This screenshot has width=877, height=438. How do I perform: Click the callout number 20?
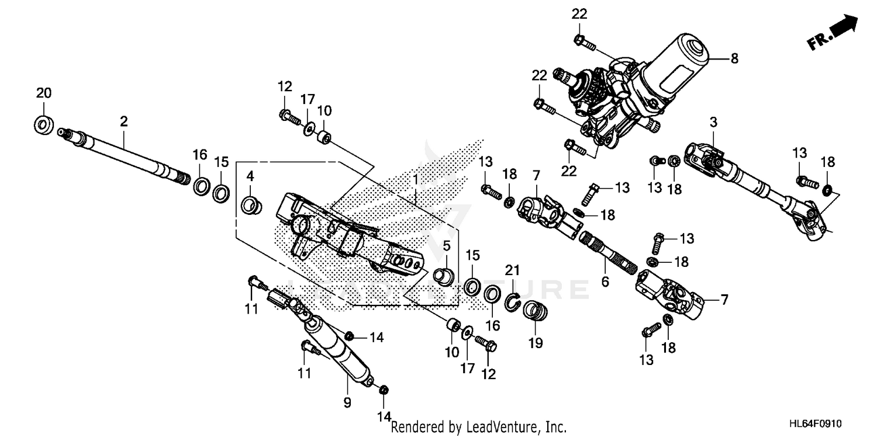pos(44,93)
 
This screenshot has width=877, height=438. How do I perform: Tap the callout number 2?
pos(123,121)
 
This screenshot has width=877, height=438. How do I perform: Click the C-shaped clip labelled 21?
pos(512,301)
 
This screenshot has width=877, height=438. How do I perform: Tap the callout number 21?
pos(512,270)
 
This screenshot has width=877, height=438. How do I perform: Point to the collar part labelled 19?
pos(533,310)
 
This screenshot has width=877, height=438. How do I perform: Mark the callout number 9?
pos(347,402)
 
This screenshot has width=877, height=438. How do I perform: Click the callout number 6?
pos(605,281)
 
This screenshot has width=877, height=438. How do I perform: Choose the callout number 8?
pos(734,58)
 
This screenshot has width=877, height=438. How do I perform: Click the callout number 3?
pos(713,122)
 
